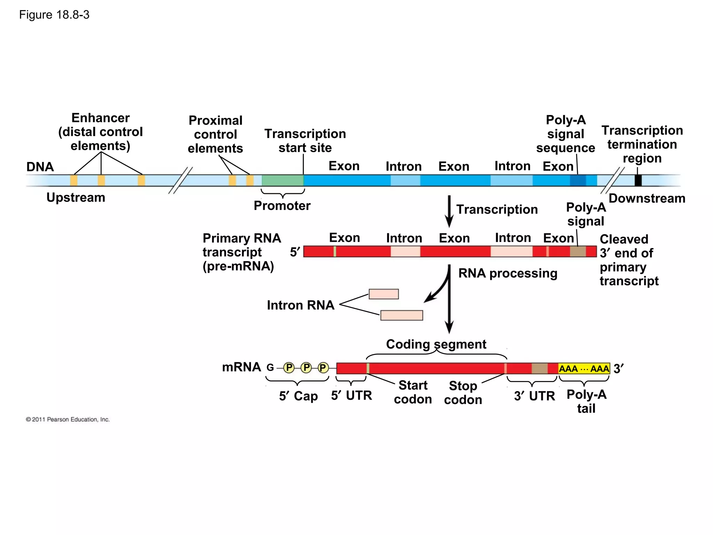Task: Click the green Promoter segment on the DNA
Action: pos(282,180)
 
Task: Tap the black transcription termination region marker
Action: pos(638,180)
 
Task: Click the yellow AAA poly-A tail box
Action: pos(584,369)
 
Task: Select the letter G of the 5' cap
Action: pos(270,367)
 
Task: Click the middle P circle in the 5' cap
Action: pos(306,367)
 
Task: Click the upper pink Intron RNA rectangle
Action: pos(384,294)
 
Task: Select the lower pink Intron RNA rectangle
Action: pos(401,315)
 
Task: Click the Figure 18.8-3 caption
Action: pos(54,15)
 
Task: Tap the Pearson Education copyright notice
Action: pos(68,419)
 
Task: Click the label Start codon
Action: pos(413,392)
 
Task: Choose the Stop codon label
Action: pos(463,393)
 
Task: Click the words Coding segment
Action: pos(436,344)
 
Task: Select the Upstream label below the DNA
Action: pos(76,197)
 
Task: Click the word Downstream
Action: pos(647,198)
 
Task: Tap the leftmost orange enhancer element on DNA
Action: pos(74,180)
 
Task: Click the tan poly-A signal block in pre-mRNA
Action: pos(578,251)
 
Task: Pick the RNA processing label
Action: pos(508,273)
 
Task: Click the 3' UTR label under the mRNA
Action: pos(534,396)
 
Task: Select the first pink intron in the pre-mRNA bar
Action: pos(405,251)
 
